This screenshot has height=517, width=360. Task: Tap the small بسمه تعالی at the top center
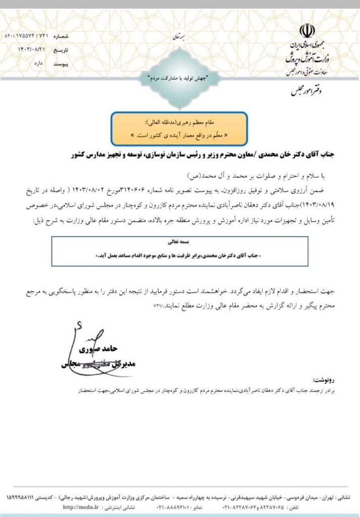[180, 37]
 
